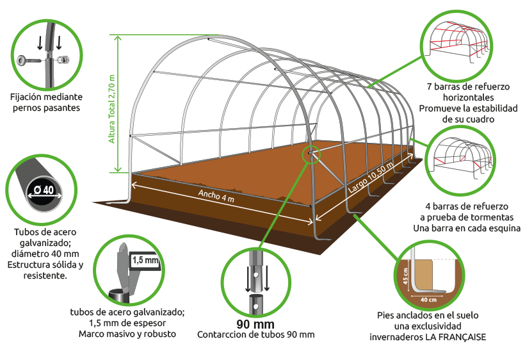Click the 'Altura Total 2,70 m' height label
(112, 109)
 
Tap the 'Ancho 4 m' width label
(216, 195)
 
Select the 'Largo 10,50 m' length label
(371, 179)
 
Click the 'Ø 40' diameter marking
(44, 190)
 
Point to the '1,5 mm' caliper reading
(145, 260)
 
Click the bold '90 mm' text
(255, 324)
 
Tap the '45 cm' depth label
(405, 276)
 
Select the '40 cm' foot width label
(428, 300)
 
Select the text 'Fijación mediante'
(46, 97)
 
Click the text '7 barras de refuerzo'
(468, 86)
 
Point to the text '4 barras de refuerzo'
(467, 206)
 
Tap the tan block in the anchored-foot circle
(424, 275)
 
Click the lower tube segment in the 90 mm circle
(255, 305)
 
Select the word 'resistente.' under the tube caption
(45, 275)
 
